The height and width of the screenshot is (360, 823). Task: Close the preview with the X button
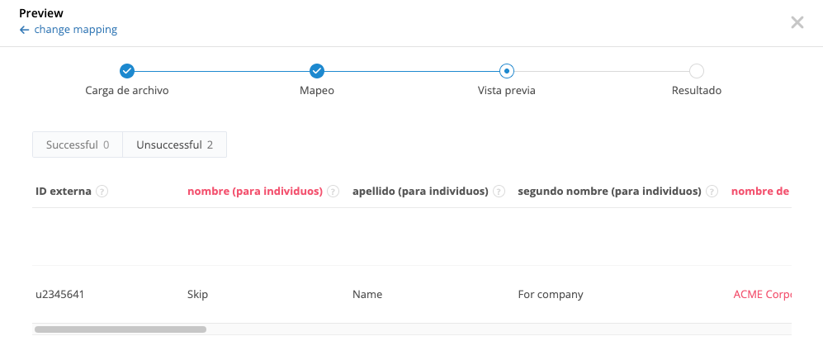pos(797,22)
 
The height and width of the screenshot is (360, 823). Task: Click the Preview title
pos(41,13)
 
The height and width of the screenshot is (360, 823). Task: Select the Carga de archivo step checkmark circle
pos(127,71)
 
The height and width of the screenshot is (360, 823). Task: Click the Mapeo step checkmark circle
pos(317,71)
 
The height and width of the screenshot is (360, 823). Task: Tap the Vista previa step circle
pos(507,71)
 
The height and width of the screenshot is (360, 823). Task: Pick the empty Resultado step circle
pos(697,71)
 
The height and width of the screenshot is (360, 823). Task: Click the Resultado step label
pos(697,91)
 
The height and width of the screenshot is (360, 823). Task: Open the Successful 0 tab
pos(78,144)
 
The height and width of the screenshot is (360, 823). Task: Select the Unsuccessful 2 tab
pos(174,144)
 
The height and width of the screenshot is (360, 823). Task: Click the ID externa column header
pos(63,192)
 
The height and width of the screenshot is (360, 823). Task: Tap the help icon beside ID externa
pos(102,192)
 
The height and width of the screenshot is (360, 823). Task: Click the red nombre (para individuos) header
pos(254,192)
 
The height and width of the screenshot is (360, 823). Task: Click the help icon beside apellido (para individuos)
pos(499,192)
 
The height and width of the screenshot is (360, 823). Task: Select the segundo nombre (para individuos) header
pos(609,192)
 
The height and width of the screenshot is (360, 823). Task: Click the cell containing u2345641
pos(59,294)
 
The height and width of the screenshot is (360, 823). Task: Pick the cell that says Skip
pos(197,294)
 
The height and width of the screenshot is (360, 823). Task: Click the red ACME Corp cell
pos(761,294)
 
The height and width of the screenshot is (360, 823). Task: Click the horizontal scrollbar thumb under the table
pos(121,329)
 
